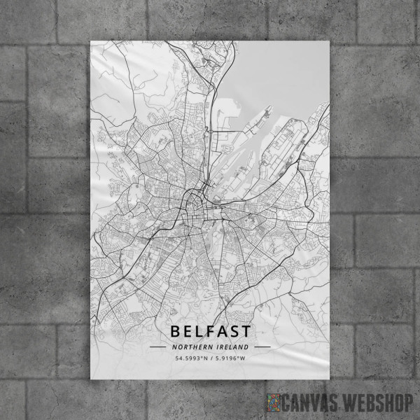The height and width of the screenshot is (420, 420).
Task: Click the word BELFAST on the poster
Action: [210, 330]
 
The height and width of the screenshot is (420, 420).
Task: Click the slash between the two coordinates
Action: [211, 359]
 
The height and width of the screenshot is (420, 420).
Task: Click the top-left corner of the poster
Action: [91, 41]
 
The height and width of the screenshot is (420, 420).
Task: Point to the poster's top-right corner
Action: [329, 41]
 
